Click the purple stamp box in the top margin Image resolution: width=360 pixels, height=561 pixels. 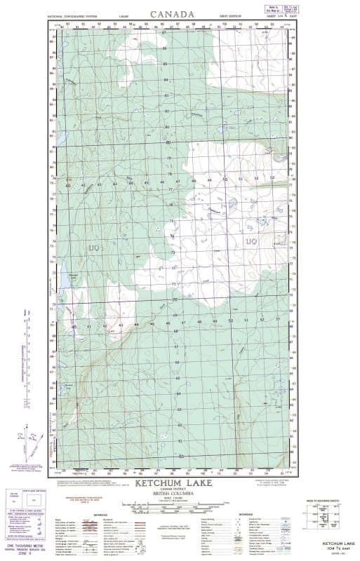276,8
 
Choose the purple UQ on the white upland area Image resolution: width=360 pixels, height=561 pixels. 252,242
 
